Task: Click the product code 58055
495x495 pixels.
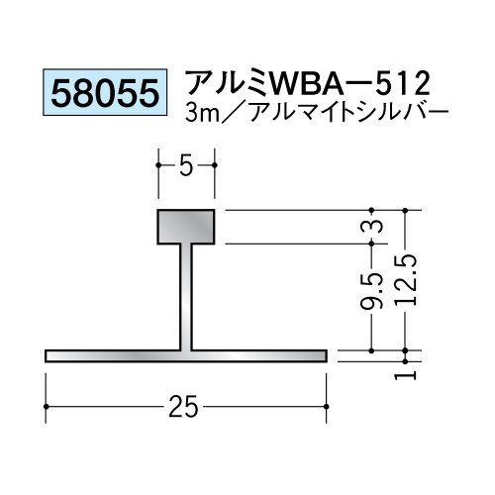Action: pyautogui.click(x=105, y=93)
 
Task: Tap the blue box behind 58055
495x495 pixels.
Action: pyautogui.click(x=105, y=92)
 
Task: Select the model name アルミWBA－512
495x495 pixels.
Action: pyautogui.click(x=308, y=84)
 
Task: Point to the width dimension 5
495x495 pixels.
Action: pyautogui.click(x=186, y=167)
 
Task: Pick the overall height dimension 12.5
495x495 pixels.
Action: pyautogui.click(x=406, y=281)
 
